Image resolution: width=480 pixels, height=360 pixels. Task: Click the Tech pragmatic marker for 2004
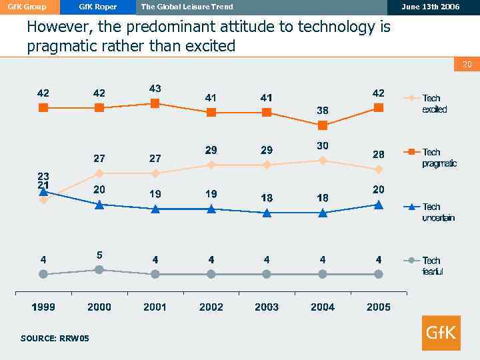tap(323, 125)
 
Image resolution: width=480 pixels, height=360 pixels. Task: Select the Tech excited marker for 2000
tap(99, 173)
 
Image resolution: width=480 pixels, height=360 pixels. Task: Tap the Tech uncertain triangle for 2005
tap(379, 205)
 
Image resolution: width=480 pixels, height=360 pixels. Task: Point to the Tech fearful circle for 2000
tap(99, 269)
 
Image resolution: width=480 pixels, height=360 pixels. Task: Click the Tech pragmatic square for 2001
tap(155, 103)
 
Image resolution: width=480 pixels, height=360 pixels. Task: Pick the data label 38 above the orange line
tap(323, 110)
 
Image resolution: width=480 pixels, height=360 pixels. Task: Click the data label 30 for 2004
tap(323, 145)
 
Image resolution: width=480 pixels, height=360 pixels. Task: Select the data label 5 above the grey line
tap(99, 255)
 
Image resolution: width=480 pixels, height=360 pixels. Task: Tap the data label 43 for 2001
tap(155, 88)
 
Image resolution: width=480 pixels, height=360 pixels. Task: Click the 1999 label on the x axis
tap(43, 307)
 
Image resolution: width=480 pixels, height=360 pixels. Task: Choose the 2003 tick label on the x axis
tap(267, 307)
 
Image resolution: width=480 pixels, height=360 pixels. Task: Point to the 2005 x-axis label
tap(379, 307)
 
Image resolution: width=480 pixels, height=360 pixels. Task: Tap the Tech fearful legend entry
tap(432, 266)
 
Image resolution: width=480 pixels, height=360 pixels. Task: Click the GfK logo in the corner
tap(441, 332)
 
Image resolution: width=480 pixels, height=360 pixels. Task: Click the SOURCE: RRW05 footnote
tap(55, 339)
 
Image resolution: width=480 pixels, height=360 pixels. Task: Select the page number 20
tap(467, 64)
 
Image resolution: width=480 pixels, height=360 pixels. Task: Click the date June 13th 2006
tap(431, 7)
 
